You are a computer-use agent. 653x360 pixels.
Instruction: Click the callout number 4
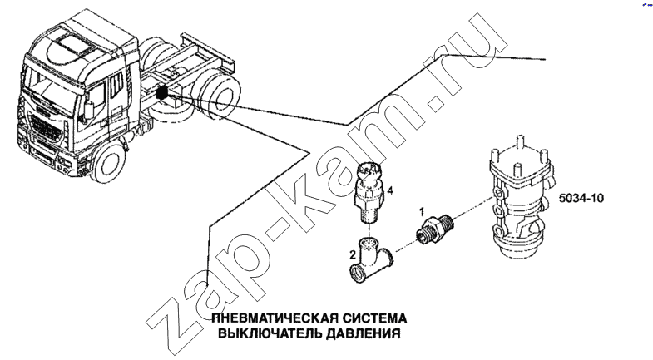tap(390, 190)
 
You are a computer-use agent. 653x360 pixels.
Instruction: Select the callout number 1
tap(422, 212)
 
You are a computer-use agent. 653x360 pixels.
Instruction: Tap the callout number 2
tap(352, 254)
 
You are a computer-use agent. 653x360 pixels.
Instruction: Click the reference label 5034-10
tap(581, 198)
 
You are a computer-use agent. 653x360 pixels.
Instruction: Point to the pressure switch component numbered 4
tap(369, 192)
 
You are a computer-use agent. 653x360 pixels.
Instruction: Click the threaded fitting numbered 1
tap(434, 228)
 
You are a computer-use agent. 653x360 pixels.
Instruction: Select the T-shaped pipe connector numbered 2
tap(371, 260)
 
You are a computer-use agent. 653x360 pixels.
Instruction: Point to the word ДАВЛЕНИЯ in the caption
tap(364, 333)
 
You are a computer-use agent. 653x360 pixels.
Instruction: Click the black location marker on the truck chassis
tap(162, 92)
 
